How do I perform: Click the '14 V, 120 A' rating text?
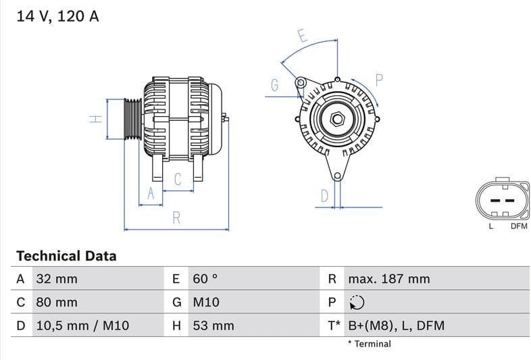[57, 16]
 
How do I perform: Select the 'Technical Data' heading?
[66, 256]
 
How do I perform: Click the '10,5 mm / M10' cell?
[82, 326]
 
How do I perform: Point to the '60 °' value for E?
[205, 279]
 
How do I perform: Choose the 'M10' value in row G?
[206, 303]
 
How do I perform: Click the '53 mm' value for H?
[213, 326]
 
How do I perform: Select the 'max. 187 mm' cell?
[388, 279]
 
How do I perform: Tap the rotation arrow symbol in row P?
[357, 303]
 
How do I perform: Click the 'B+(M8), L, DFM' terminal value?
[396, 326]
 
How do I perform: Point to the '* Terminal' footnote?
[369, 344]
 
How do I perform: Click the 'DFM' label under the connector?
[518, 226]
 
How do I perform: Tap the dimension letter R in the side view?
[176, 217]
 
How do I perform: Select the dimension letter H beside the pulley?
[97, 118]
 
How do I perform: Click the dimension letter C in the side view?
[178, 180]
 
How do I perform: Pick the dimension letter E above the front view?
[302, 36]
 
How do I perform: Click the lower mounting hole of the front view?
[336, 176]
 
